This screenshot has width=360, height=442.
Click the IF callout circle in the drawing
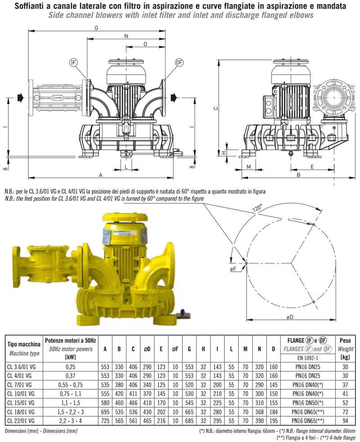click(x=74, y=63)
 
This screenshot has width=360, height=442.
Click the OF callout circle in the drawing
click(x=180, y=63)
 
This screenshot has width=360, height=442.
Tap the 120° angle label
click(x=257, y=209)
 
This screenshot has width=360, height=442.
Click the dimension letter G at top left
click(x=96, y=27)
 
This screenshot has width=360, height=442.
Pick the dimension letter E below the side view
click(x=312, y=166)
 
